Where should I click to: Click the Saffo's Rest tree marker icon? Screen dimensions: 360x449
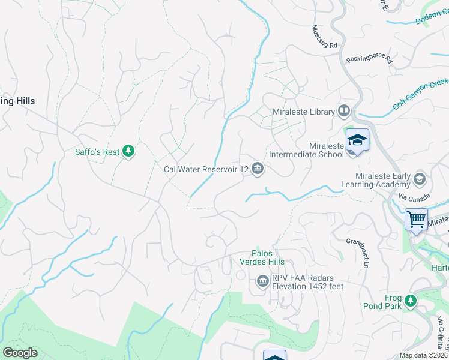tap(128, 151)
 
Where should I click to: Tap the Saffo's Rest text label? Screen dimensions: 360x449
tap(97, 152)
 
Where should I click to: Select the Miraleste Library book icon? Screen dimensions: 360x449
tap(344, 111)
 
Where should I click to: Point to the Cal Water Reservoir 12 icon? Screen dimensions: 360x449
tap(258, 169)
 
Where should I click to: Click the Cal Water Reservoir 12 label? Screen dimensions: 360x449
tap(206, 169)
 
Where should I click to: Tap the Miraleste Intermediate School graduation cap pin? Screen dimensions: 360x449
tap(357, 141)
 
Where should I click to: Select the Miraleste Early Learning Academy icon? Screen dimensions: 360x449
tap(419, 179)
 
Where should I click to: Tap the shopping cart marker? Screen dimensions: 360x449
tap(416, 220)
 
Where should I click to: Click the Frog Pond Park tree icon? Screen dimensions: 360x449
tap(411, 299)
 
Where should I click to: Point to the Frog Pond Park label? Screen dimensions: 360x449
tap(381, 301)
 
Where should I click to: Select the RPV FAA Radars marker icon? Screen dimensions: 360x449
tap(262, 281)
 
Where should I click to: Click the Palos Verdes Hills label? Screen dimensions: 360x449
tap(268, 257)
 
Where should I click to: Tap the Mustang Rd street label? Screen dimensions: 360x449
tap(325, 37)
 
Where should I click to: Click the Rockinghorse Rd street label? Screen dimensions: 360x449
tap(369, 60)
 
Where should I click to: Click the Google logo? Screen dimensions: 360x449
tap(20, 353)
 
